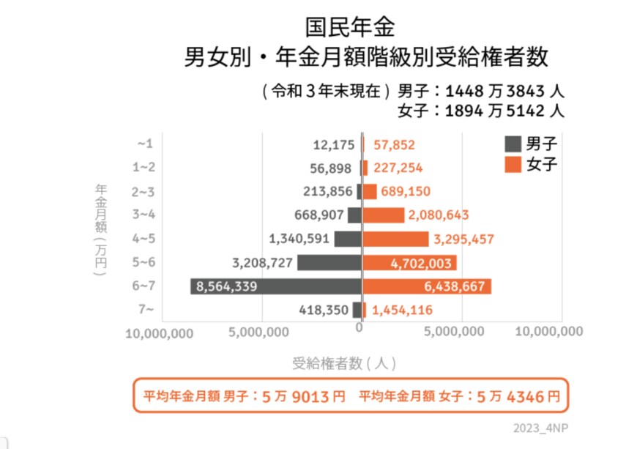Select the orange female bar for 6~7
427,286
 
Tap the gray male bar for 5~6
329,262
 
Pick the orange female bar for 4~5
395,239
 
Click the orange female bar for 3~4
384,215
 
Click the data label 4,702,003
413,262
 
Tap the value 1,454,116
402,311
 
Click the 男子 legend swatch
513,144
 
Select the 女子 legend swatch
513,163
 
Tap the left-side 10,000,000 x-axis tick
160,333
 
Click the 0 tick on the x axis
360,329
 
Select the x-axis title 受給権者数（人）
344,362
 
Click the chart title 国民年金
349,29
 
